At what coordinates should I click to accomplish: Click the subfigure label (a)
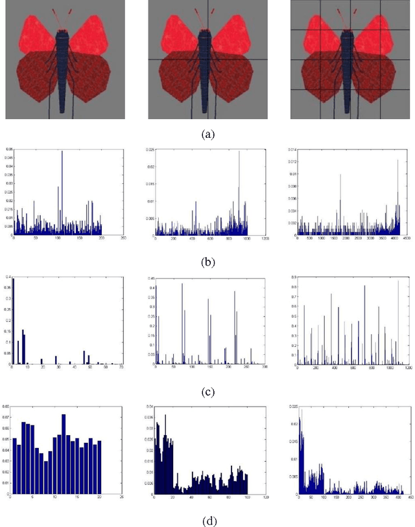pos(207,135)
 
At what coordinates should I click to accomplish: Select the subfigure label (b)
pos(207,263)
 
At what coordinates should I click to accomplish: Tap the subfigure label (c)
pos(207,391)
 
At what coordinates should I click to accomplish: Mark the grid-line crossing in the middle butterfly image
pos(207,60)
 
